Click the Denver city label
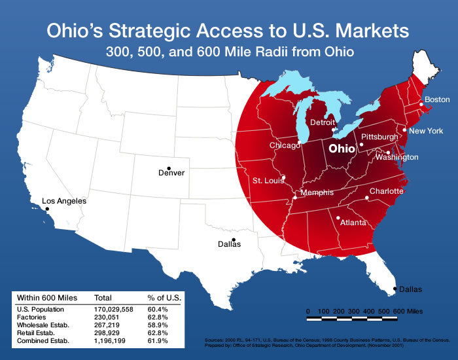pyautogui.click(x=171, y=173)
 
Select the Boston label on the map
pyautogui.click(x=437, y=99)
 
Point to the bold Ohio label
pyautogui.click(x=342, y=149)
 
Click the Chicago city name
pyautogui.click(x=285, y=145)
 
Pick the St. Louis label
pyautogui.click(x=267, y=180)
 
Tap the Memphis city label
pyautogui.click(x=317, y=192)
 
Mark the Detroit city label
pyautogui.click(x=323, y=122)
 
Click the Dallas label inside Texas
pyautogui.click(x=229, y=244)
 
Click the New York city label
pyautogui.click(x=426, y=131)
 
